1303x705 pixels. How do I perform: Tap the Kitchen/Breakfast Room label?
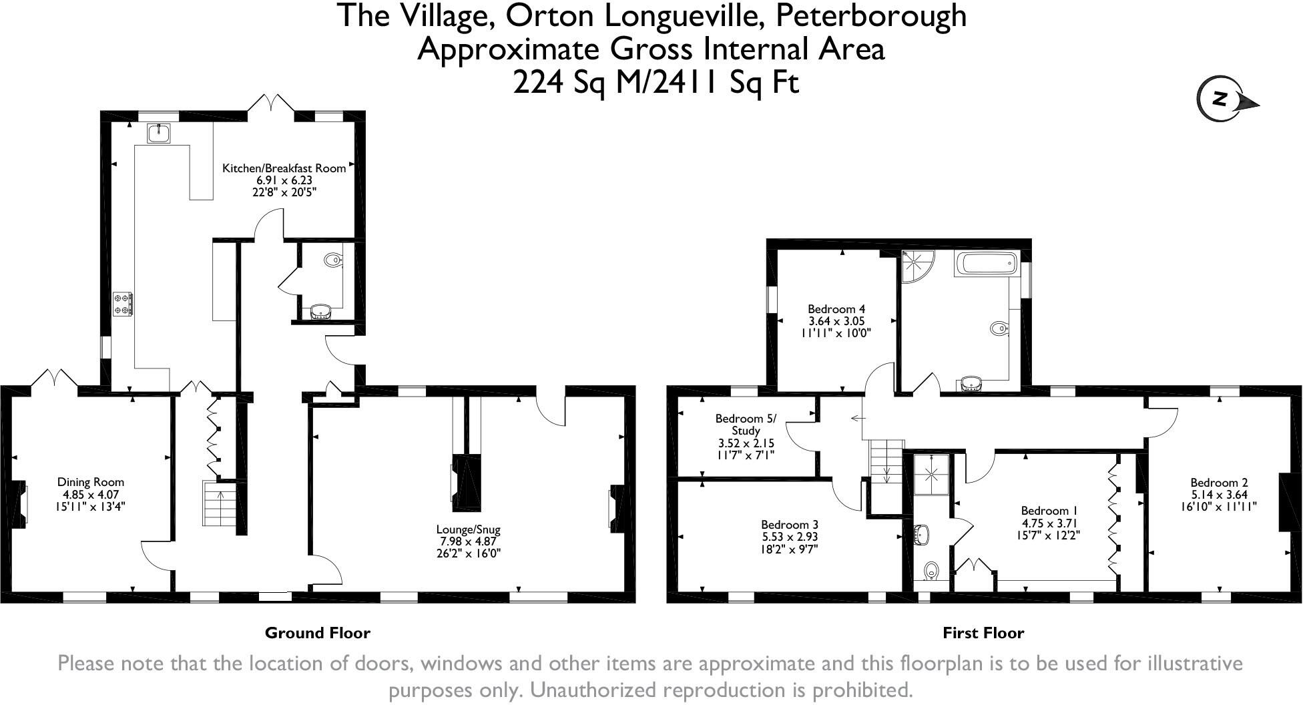(284, 168)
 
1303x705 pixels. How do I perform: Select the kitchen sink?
(159, 134)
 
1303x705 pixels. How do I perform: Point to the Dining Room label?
(90, 482)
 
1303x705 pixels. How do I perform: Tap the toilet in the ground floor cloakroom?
(332, 260)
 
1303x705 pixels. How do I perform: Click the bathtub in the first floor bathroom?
(986, 265)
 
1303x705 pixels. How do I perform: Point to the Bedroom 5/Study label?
(746, 425)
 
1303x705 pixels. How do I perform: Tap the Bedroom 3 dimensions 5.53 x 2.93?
(789, 537)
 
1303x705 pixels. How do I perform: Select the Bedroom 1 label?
(1045, 511)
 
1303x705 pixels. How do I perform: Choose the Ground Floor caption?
(317, 633)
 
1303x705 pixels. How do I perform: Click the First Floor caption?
(983, 633)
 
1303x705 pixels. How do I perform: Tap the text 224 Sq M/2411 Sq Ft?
(656, 83)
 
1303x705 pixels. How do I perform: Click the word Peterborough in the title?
(870, 15)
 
